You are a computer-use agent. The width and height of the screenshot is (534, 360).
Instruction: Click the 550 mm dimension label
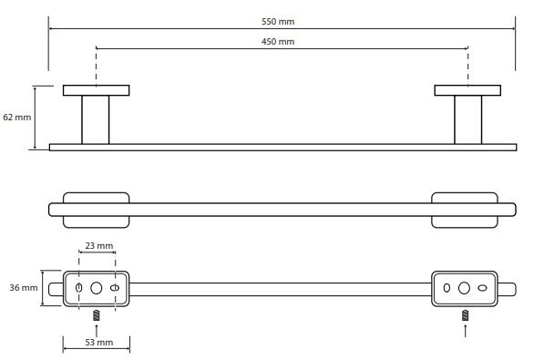[278, 22]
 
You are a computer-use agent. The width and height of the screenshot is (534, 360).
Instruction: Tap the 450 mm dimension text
[278, 42]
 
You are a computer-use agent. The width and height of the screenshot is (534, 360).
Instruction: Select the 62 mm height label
[17, 118]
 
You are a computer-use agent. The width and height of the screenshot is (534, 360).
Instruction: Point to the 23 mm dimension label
[99, 245]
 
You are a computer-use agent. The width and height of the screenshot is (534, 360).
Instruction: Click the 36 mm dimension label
[24, 288]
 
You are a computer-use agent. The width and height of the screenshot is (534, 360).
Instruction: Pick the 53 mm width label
[99, 343]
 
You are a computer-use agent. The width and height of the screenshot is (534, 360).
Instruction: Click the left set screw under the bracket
[97, 315]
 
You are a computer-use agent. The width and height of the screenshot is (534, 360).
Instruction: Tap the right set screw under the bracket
[466, 315]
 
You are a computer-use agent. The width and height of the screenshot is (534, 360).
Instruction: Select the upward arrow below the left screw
[97, 330]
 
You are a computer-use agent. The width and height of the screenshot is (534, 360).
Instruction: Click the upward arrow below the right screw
[466, 330]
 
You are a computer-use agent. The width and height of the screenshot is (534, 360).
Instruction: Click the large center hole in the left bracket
[97, 288]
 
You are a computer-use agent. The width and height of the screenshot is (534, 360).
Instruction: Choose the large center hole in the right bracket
[464, 288]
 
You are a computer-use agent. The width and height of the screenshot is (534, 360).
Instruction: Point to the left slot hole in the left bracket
[78, 288]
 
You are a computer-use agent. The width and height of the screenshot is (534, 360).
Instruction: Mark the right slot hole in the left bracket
[115, 288]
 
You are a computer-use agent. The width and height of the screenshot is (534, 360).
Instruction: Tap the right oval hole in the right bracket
[482, 288]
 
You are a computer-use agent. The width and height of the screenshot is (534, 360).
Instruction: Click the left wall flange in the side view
[97, 90]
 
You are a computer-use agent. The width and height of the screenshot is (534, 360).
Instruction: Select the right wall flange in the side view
[467, 90]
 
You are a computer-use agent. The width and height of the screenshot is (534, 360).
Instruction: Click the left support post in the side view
[96, 120]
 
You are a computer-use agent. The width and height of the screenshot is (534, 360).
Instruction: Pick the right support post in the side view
[467, 120]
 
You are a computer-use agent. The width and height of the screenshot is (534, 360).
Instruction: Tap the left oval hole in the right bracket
[447, 288]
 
